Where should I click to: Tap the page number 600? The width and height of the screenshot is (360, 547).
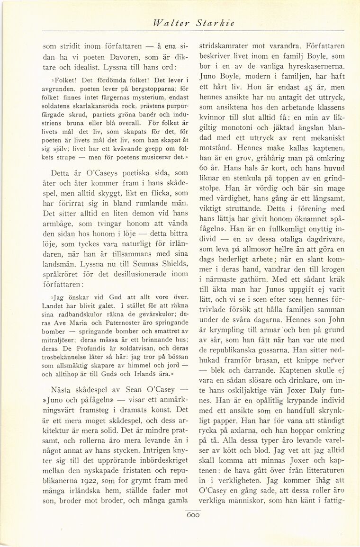tap(193, 515)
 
